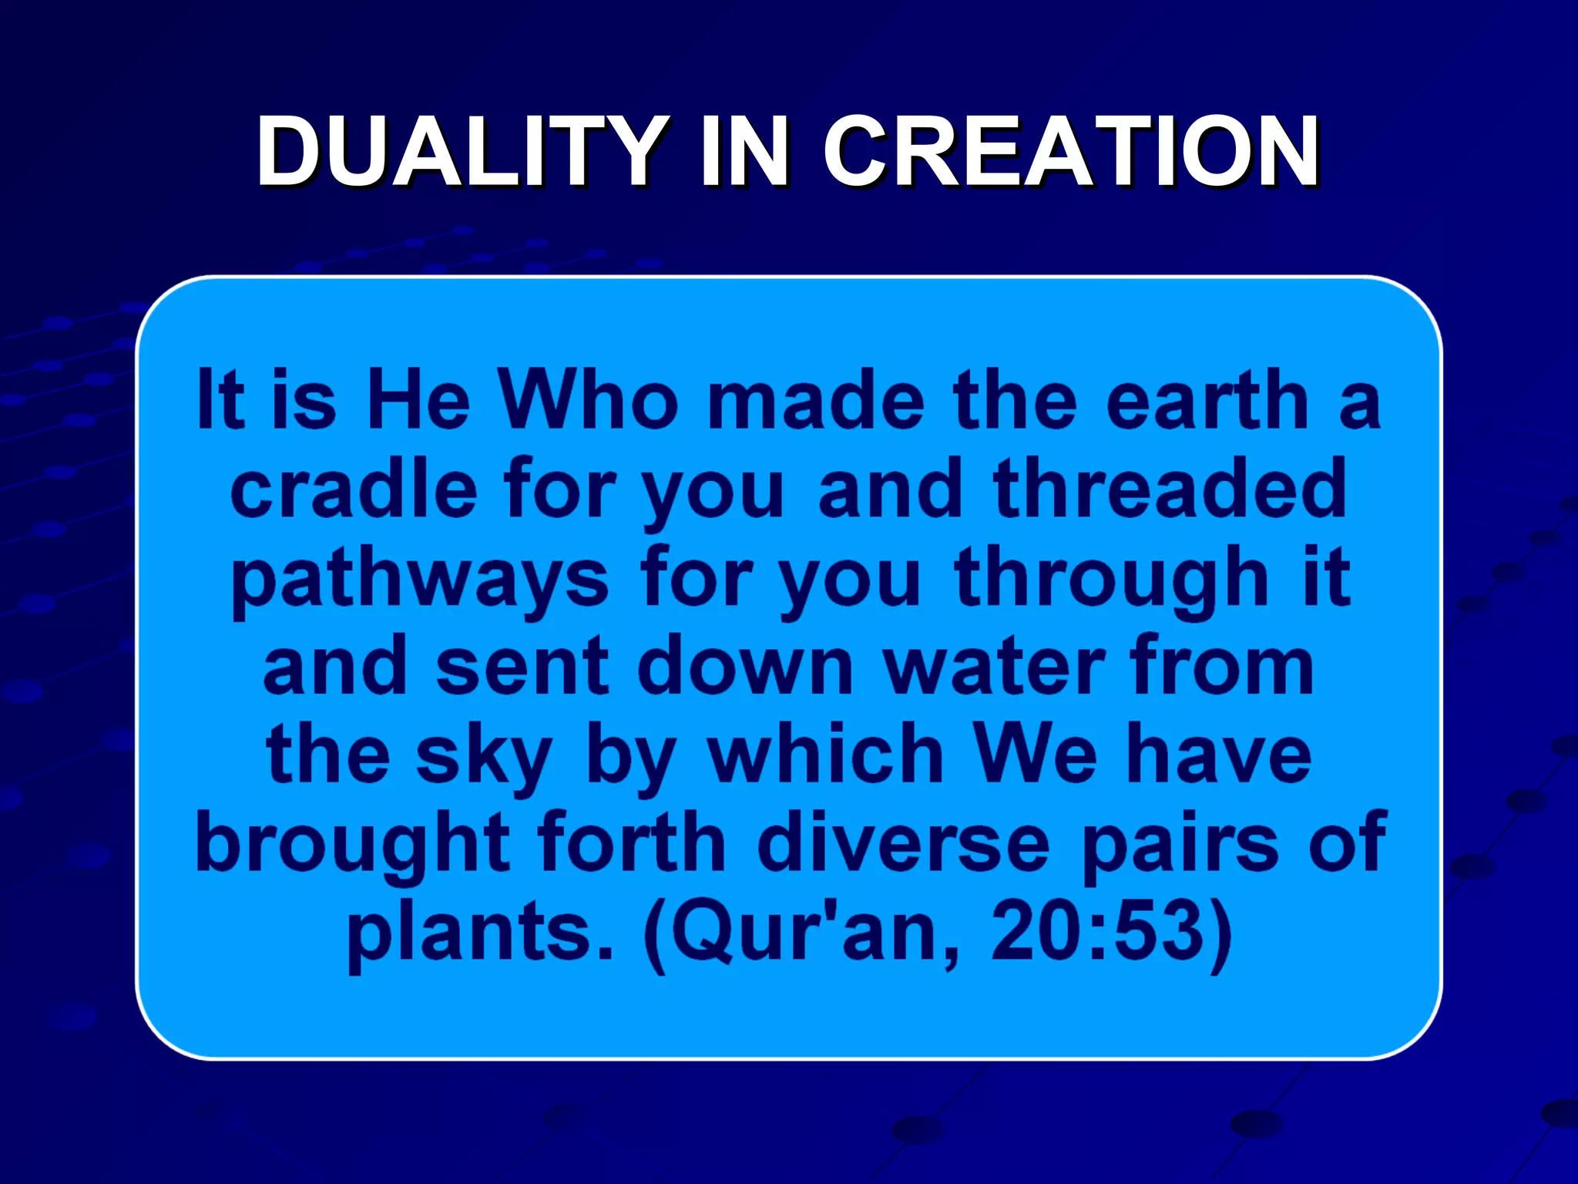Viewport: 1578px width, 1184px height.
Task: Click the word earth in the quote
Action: coord(1207,401)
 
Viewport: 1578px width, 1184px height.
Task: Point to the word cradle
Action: coord(354,489)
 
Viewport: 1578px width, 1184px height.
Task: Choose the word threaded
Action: coord(1170,489)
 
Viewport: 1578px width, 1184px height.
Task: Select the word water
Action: coord(994,667)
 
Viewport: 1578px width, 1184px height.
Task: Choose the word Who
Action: coord(589,401)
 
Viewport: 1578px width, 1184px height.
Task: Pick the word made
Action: coord(816,401)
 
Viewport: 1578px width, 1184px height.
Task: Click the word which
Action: coord(825,755)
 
